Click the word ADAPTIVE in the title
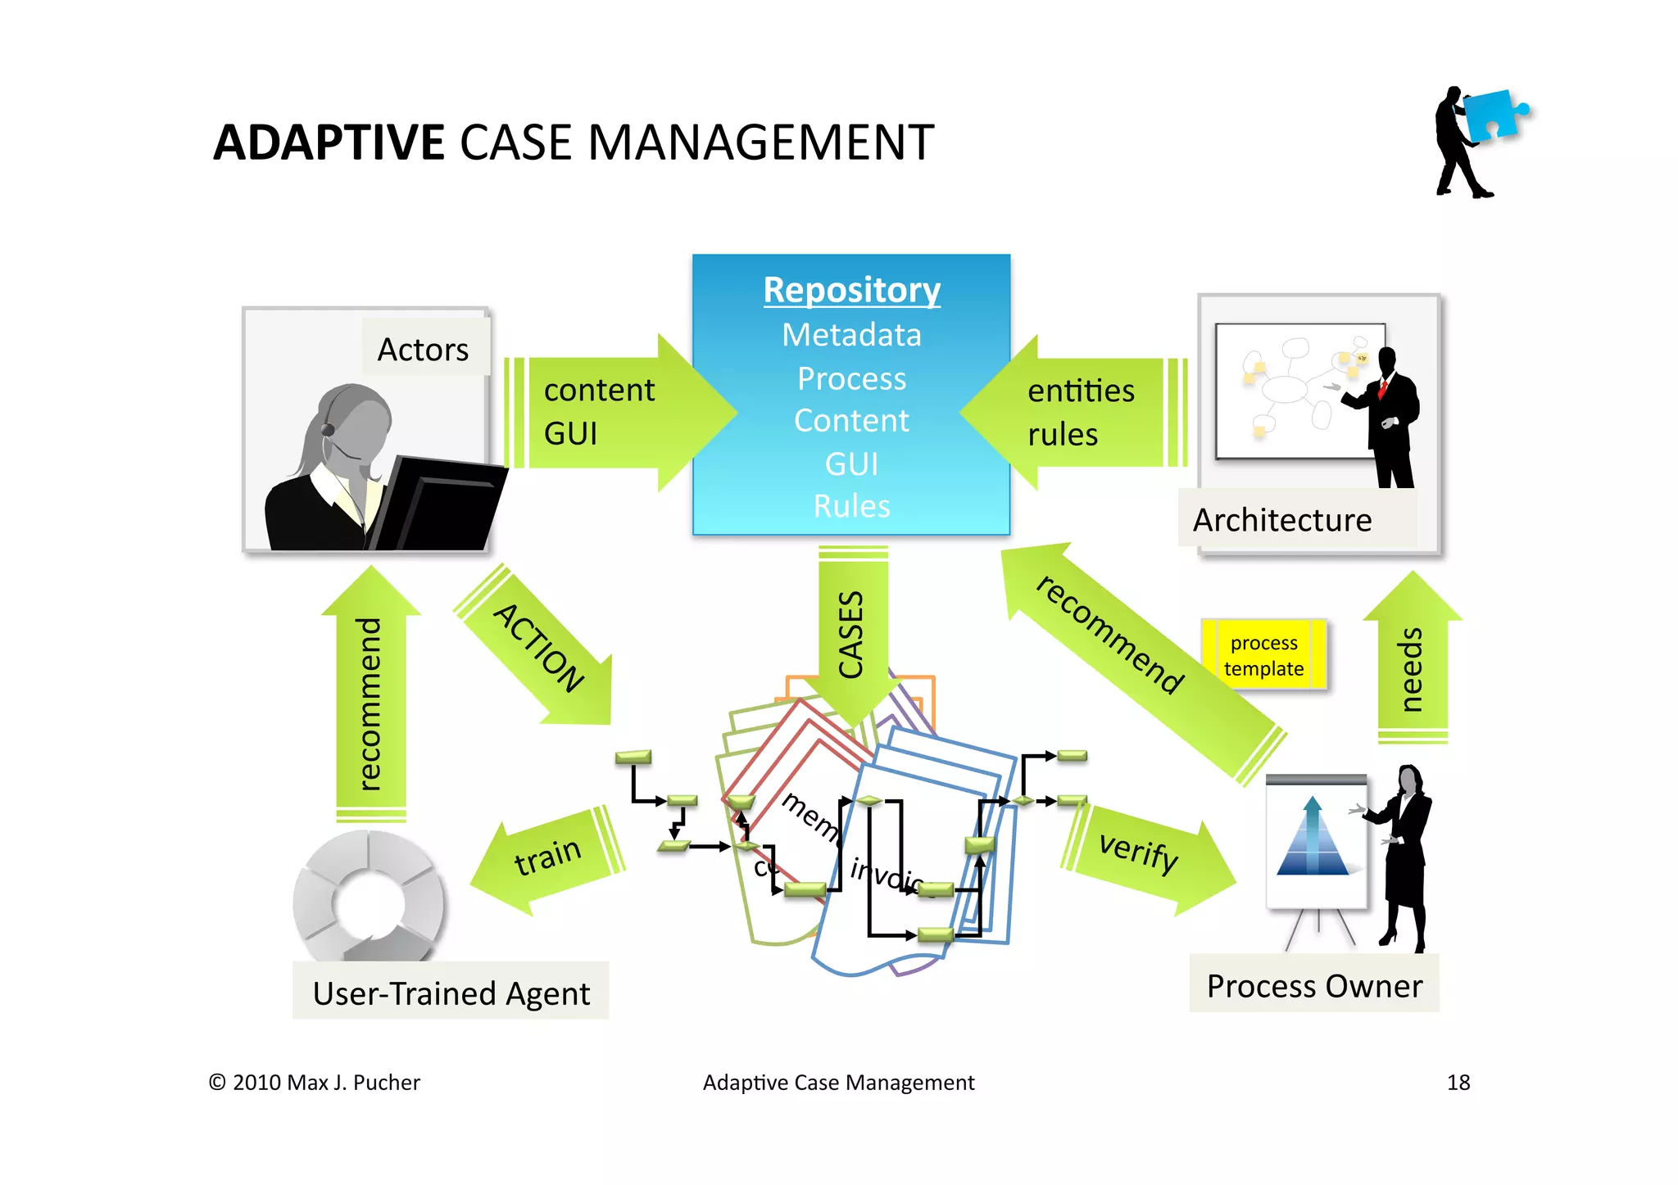click(x=329, y=142)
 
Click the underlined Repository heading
click(x=851, y=290)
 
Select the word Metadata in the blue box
click(x=851, y=335)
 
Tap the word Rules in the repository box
click(x=851, y=506)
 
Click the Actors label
click(x=424, y=350)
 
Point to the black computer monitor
click(x=442, y=508)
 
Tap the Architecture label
click(x=1282, y=521)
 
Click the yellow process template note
click(x=1263, y=655)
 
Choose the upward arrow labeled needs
click(x=1412, y=663)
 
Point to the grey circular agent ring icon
click(x=369, y=897)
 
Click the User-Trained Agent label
click(x=451, y=993)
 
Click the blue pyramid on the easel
click(x=1313, y=839)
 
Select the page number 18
click(x=1458, y=1083)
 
